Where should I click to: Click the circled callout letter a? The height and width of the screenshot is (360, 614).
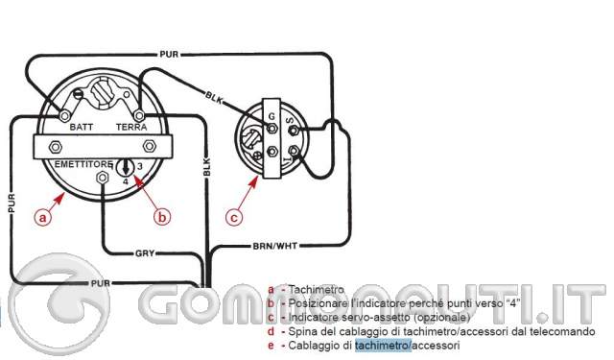pos(41,218)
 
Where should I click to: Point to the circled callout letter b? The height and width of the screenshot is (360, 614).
pos(162,218)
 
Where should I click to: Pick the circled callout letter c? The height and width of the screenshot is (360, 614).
pos(234,218)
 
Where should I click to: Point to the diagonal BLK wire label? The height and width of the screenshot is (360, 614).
pos(215,97)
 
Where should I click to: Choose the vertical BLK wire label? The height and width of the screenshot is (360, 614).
pos(205,165)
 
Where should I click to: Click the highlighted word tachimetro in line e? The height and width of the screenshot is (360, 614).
pos(382,345)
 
